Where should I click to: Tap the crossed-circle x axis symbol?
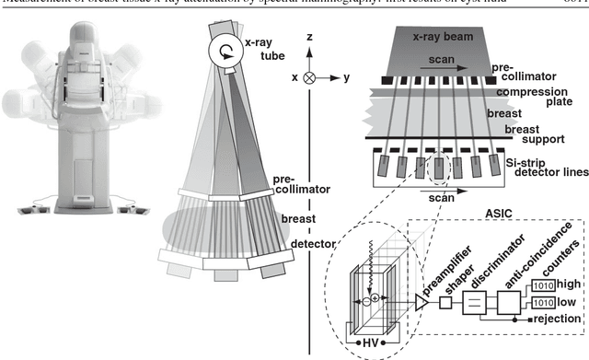pos(308,78)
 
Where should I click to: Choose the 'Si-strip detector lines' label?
pos(546,168)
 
